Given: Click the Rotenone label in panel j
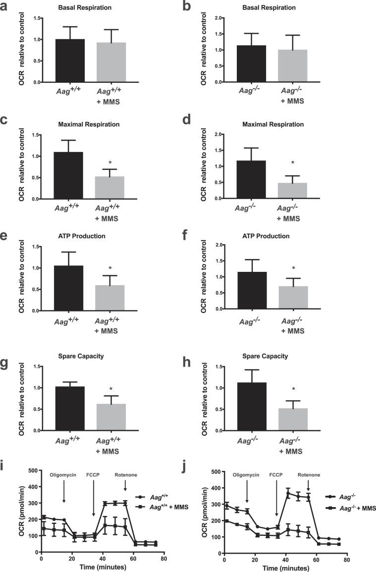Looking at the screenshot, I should pos(309,474).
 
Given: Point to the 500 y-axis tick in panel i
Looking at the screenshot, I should pos(31,471).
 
